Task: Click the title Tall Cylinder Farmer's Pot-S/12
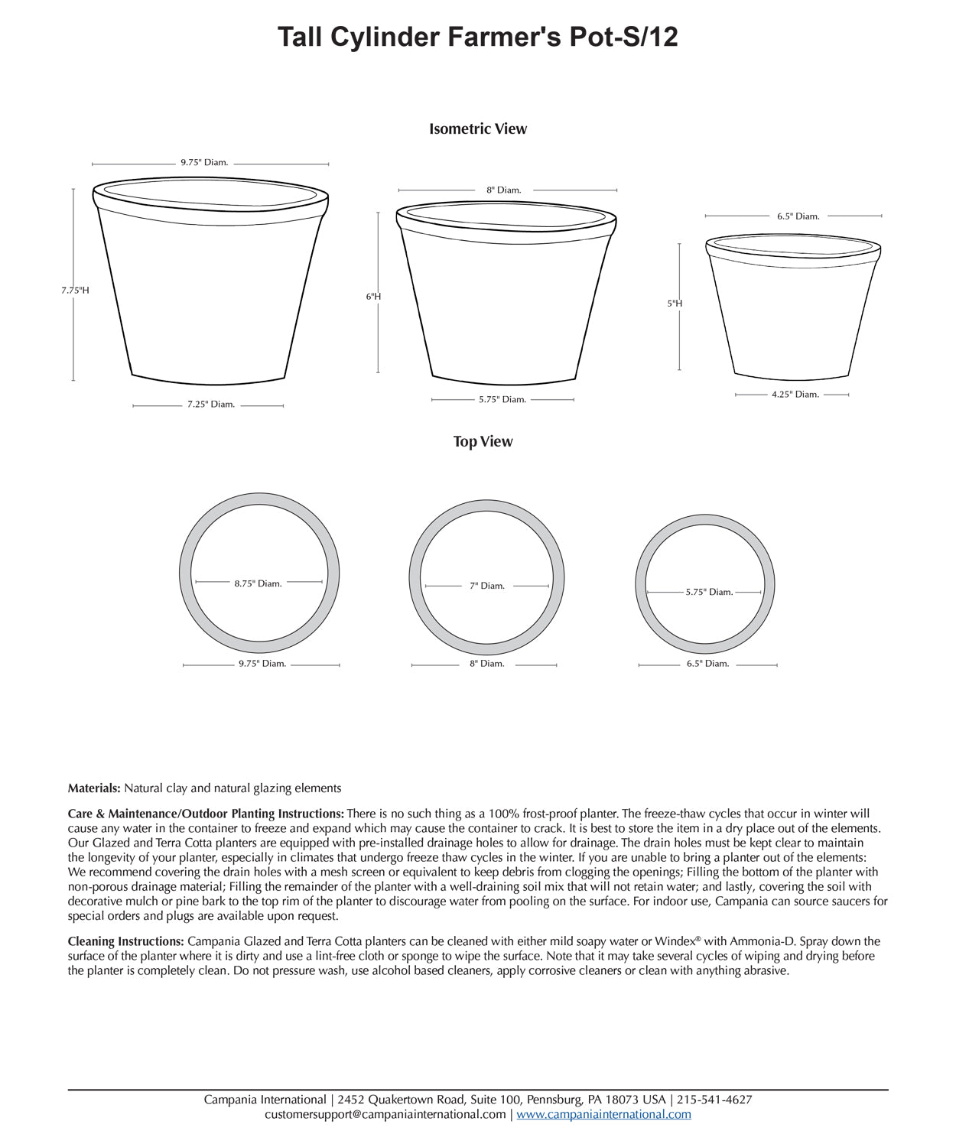(477, 37)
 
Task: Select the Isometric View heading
(478, 128)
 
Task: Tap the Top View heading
(483, 441)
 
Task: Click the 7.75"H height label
(75, 291)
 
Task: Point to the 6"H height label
(373, 297)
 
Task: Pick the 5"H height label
(675, 304)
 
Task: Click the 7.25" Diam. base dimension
(211, 405)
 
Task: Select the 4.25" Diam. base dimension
(795, 395)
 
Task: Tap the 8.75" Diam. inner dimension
(259, 583)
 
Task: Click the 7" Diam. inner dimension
(487, 586)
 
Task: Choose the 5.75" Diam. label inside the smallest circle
(709, 592)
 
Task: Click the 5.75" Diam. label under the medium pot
(502, 399)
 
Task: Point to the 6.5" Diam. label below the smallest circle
(708, 664)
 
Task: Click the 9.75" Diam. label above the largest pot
(204, 163)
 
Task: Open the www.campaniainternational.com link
(603, 1114)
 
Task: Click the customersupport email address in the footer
(385, 1114)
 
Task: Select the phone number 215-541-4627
(714, 1100)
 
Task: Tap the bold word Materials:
(94, 788)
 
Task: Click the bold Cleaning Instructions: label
(126, 941)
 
